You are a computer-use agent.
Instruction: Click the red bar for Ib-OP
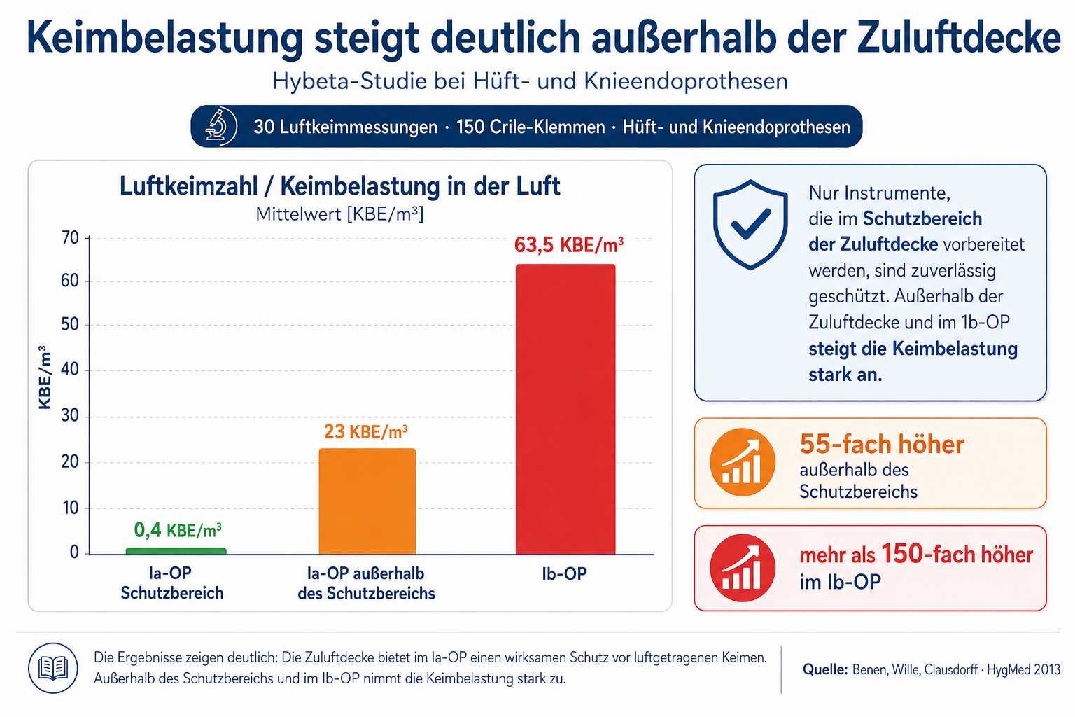[565, 409]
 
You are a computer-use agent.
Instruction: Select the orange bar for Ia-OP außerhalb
[367, 501]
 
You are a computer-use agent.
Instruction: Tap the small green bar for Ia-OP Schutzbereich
[176, 551]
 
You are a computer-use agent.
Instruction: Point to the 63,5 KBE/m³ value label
[569, 245]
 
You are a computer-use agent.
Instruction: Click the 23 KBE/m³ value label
[366, 432]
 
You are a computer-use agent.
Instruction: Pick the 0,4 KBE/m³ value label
[178, 530]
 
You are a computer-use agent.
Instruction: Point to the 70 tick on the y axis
[70, 238]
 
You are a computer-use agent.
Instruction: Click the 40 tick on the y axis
[70, 369]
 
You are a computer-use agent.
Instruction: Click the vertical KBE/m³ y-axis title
[45, 377]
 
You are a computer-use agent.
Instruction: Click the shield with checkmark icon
[750, 224]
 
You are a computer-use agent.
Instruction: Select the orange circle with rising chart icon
[743, 462]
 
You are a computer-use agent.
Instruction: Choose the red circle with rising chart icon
[743, 568]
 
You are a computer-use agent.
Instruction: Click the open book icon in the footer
[53, 668]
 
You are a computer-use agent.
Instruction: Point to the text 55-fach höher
[882, 444]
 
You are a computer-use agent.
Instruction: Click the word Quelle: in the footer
[825, 669]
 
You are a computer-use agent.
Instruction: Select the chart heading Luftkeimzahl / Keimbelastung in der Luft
[339, 186]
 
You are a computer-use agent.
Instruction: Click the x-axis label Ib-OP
[564, 573]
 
